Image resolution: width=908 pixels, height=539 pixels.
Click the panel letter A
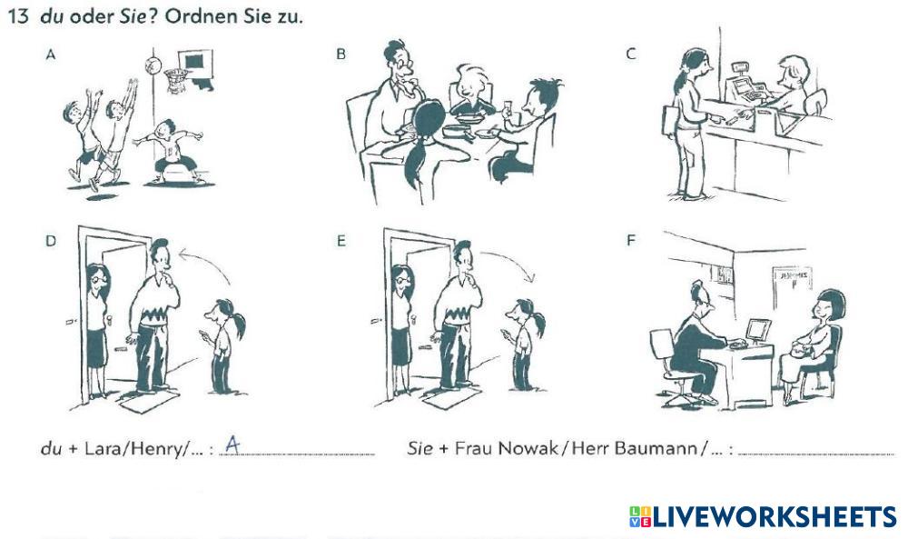50,55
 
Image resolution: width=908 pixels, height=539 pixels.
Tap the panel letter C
631,54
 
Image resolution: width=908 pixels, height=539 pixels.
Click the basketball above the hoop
153,65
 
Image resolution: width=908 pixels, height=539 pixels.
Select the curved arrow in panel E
512,259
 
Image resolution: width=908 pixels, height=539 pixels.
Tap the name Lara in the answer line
105,449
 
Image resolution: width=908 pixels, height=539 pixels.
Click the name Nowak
528,448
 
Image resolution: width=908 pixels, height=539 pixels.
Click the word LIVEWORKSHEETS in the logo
775,517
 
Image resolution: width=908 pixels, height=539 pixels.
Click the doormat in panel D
150,401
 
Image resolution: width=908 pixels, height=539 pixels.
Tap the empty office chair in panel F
671,365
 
